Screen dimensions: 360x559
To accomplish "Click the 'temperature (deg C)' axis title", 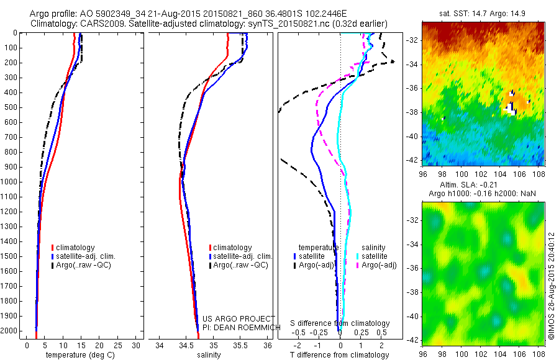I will click(x=78, y=355).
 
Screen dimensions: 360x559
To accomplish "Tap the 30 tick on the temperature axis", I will click(x=137, y=345).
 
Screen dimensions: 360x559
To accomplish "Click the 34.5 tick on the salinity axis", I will click(x=186, y=345).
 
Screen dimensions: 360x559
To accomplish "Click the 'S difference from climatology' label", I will click(x=340, y=323).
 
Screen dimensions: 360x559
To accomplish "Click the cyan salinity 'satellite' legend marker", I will click(x=358, y=256).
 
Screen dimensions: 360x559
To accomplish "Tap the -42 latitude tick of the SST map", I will click(x=412, y=160).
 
